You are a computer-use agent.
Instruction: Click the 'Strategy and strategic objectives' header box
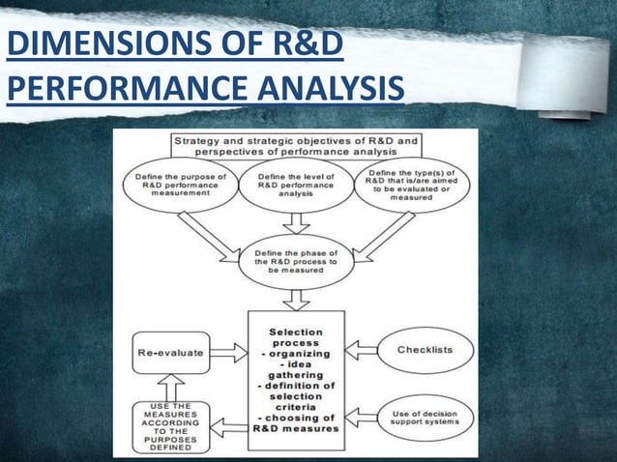pos(295,146)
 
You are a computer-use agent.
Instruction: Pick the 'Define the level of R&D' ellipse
pos(296,185)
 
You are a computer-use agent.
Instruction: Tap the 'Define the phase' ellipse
pos(296,261)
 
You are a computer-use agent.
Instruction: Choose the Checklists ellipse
pos(423,349)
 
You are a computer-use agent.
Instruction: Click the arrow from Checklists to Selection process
pos(364,349)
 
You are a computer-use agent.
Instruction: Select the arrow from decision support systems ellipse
pos(364,418)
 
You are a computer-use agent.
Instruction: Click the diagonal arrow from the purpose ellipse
pos(209,238)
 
